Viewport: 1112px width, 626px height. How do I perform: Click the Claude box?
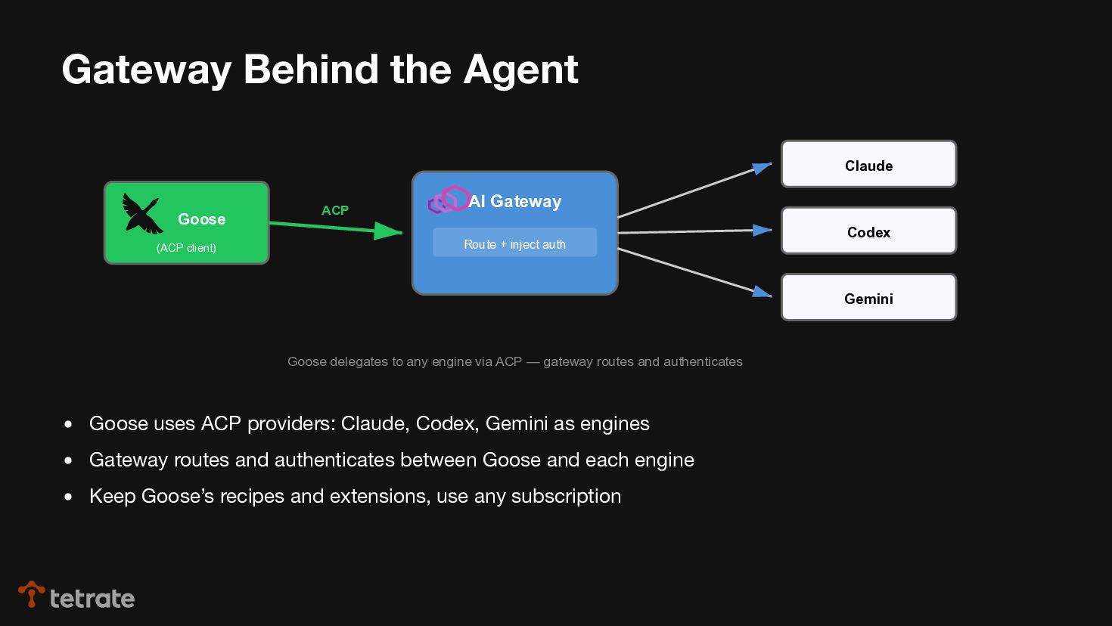click(x=868, y=164)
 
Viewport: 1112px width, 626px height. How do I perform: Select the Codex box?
click(x=868, y=231)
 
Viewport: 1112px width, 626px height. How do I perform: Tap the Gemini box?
click(x=868, y=297)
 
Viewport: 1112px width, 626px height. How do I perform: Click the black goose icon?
click(x=142, y=213)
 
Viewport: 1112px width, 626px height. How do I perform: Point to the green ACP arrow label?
click(x=335, y=210)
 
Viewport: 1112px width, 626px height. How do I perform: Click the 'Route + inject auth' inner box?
click(x=514, y=243)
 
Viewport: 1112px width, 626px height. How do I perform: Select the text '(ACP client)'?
click(x=186, y=248)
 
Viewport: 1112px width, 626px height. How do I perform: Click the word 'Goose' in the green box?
click(x=201, y=219)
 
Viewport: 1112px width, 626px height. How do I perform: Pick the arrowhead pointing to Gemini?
click(x=762, y=292)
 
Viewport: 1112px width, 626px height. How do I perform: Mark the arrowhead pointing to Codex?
click(x=762, y=230)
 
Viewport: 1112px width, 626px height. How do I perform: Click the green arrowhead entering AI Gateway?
click(x=389, y=231)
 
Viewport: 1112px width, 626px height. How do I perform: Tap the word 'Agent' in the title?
click(x=520, y=70)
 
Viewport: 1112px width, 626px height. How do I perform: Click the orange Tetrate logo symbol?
click(x=31, y=593)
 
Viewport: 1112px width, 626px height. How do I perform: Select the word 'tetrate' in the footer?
click(x=92, y=599)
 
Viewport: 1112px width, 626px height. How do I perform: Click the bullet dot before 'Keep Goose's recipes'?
click(x=69, y=497)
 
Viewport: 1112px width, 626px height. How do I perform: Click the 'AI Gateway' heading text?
click(x=515, y=201)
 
